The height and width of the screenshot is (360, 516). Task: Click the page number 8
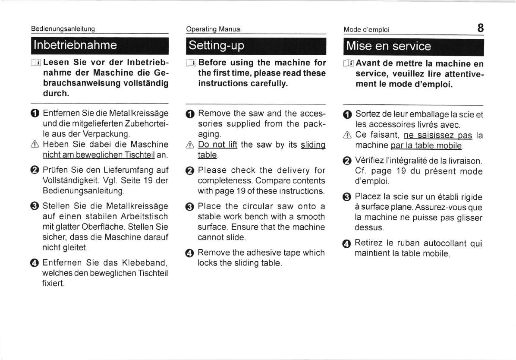(480, 28)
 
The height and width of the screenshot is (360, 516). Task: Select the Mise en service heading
(388, 46)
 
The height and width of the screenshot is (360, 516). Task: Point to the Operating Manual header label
(214, 29)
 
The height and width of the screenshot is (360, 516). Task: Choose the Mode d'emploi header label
(366, 30)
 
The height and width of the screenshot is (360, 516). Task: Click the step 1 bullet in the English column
(190, 114)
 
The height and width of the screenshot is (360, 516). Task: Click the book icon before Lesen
(36, 63)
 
